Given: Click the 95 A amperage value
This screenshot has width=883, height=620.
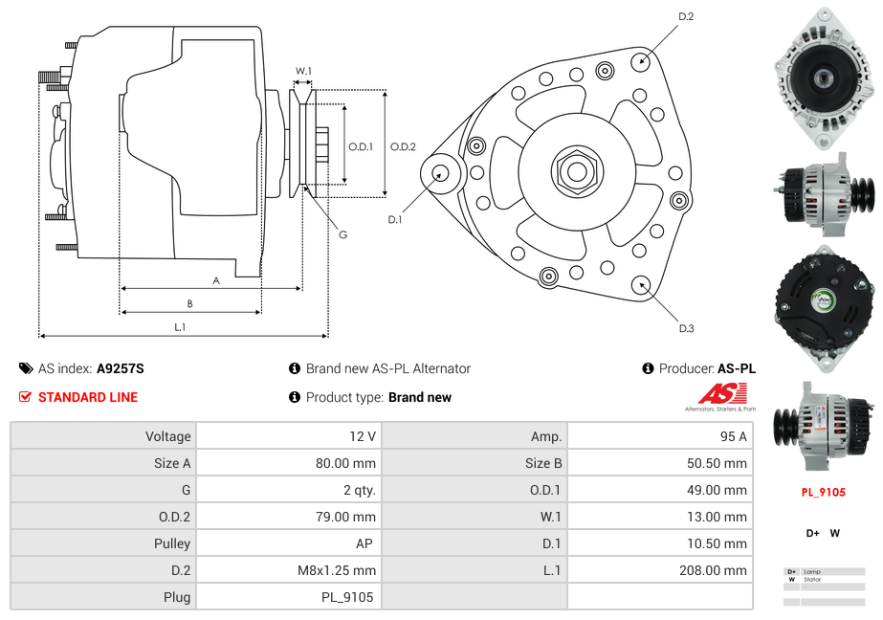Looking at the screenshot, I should pos(733,436).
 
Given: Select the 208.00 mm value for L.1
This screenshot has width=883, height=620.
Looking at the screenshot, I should pos(720,570).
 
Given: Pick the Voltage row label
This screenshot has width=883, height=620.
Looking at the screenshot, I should pos(167,436).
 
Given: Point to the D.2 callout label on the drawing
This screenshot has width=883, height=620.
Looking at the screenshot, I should pos(686,17).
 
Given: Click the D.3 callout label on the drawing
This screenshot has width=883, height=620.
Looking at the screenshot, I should pos(686,328).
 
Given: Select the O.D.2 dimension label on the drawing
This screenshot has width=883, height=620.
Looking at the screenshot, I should pos(403,146).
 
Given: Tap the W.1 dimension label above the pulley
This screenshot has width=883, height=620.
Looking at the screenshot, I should pos(303,71).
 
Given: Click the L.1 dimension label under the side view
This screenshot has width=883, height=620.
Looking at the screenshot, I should pos(180,327).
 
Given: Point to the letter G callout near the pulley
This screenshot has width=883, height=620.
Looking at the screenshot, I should pos(342,234).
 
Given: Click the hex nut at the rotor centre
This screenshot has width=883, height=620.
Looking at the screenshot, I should pos(577,171).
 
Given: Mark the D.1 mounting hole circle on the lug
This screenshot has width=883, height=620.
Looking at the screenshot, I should pos(442,173).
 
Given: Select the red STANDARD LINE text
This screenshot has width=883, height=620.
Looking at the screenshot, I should pos(87,397).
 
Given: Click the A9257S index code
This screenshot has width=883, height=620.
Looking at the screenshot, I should pos(121,368).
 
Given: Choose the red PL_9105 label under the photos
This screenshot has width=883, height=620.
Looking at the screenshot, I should pos(823,493).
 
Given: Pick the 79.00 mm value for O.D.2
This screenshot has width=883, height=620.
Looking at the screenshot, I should pos(349,517).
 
